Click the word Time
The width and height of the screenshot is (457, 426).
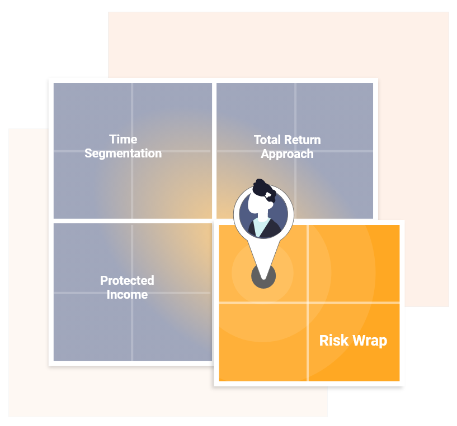tap(123, 140)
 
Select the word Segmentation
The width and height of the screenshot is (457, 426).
tap(123, 154)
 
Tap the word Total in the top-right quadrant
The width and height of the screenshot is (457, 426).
tap(267, 140)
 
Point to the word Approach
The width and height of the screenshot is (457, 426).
tap(287, 154)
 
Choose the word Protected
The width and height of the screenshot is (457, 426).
tap(127, 280)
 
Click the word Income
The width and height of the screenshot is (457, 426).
tap(127, 295)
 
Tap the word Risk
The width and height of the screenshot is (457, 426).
tap(334, 340)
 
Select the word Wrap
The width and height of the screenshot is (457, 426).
tap(370, 341)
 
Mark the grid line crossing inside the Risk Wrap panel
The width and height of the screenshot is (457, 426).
tap(308, 303)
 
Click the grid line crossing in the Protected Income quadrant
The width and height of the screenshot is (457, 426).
tap(132, 293)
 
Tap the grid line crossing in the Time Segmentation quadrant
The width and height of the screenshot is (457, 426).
tap(132, 151)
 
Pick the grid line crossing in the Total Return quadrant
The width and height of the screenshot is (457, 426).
tap(295, 151)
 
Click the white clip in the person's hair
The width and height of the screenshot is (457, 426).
tap(268, 195)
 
